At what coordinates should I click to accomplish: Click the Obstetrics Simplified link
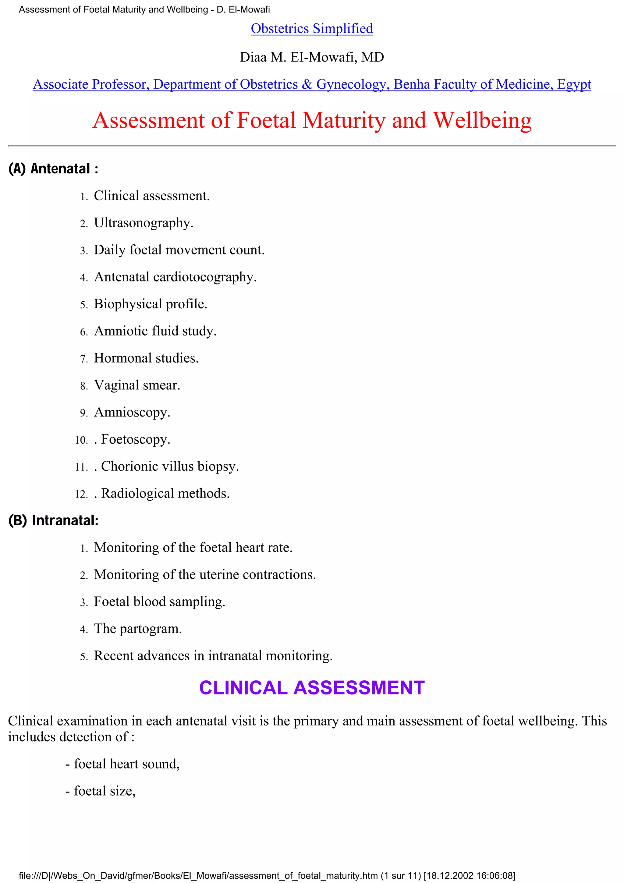point(311,28)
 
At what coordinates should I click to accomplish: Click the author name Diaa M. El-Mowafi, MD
point(311,57)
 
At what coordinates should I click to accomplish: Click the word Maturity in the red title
point(344,120)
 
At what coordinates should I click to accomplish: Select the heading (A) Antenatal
point(53,168)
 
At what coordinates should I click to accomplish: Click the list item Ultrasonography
point(144,223)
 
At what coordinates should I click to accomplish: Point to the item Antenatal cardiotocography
point(175,277)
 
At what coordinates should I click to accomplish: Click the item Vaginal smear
point(137,385)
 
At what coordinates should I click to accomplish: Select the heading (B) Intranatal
point(53,520)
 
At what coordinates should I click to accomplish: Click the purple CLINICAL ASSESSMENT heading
point(311,688)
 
